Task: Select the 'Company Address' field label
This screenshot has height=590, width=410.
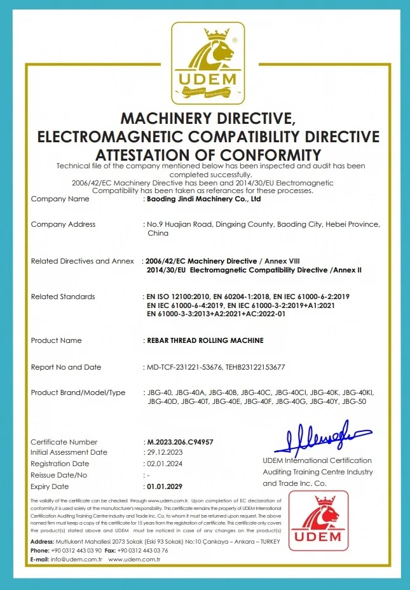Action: click(63, 224)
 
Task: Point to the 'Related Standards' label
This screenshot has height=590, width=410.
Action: click(63, 297)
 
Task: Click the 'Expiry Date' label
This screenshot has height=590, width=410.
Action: click(50, 486)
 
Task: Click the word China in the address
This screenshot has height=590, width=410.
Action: click(158, 233)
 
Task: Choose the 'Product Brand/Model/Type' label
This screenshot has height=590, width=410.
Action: click(78, 392)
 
